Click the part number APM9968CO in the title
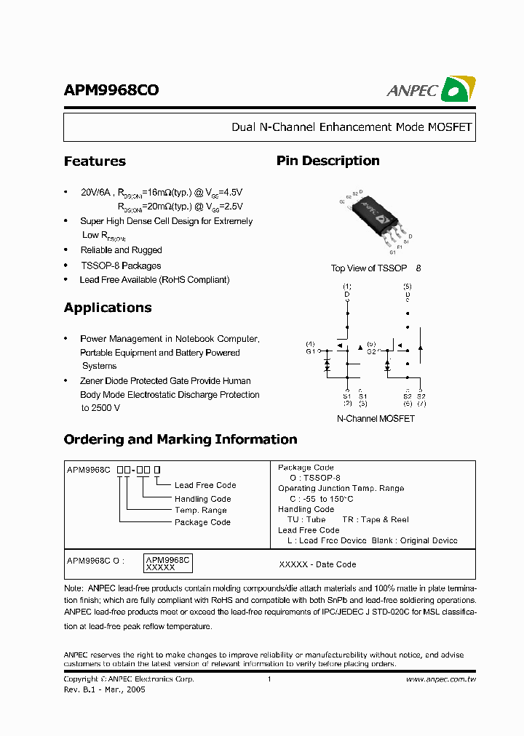point(111,90)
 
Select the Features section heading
point(95,161)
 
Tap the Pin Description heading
point(327,161)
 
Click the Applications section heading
point(108,308)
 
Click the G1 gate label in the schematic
point(311,351)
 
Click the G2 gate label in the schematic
point(371,351)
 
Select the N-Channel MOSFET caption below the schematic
point(376,419)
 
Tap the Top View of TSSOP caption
point(369,268)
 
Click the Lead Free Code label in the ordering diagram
point(205,485)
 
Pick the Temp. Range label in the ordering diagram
point(201,511)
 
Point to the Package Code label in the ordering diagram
point(202,522)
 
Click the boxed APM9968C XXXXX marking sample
point(167,563)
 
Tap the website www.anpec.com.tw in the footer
point(440,679)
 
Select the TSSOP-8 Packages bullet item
point(121,266)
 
